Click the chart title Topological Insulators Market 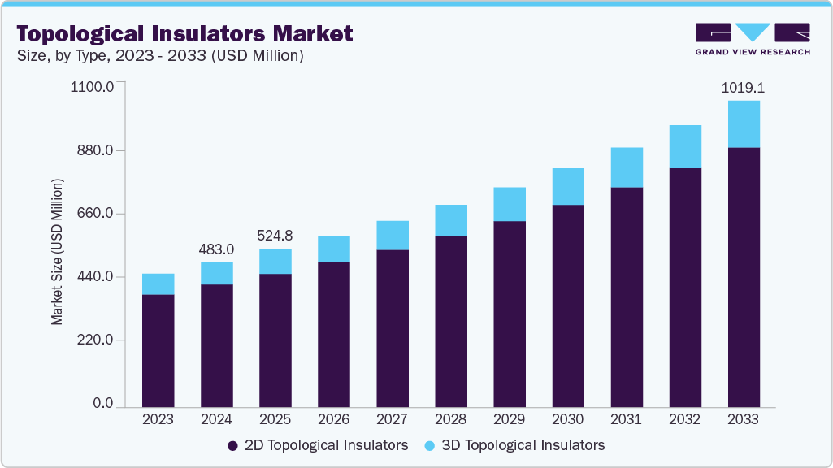(184, 33)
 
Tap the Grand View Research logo (753, 39)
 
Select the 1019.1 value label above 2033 (743, 86)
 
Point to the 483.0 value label (216, 249)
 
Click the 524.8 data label (275, 236)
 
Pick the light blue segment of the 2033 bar (743, 124)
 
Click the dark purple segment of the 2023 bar (158, 349)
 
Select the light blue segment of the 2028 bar (450, 220)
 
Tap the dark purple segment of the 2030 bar (567, 305)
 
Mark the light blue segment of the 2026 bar (333, 249)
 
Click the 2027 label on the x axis (392, 419)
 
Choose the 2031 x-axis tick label (626, 419)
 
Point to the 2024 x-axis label (216, 419)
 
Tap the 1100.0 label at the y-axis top (93, 86)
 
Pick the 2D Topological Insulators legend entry (317, 445)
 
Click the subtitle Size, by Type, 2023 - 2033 (160, 55)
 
